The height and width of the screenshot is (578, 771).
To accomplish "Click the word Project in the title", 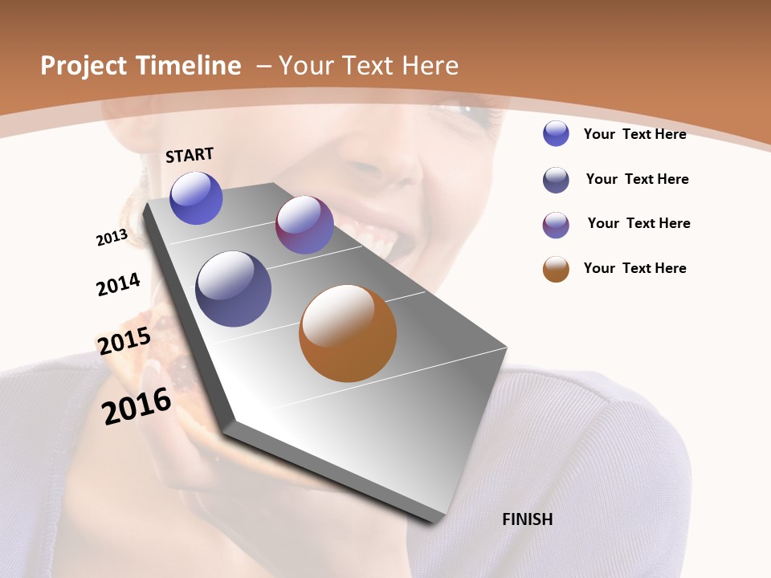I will point(82,66).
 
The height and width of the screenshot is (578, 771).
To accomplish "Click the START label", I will point(190,155).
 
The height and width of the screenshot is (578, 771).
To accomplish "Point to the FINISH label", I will point(527,519).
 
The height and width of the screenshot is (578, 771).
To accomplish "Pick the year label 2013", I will point(112,238).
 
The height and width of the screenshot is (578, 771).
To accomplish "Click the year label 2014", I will point(119,284).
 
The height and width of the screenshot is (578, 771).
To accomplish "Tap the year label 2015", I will point(124,341).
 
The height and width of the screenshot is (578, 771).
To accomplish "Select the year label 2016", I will point(137,406).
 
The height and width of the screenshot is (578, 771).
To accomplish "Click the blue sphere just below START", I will point(196,198).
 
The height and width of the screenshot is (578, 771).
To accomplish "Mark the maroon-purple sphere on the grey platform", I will point(304,225).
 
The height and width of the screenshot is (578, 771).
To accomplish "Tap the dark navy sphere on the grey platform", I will point(234,289).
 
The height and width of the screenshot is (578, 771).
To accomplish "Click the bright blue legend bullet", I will point(556,134).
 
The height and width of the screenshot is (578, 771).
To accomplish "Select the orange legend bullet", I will point(556,269).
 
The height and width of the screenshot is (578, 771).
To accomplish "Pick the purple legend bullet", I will point(556,225).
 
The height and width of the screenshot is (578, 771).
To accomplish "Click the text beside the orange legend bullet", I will point(634,268).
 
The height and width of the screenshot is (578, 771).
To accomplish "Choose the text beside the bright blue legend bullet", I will point(634,134).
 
